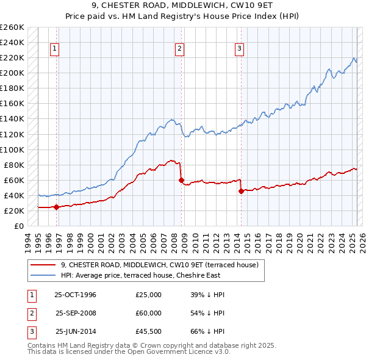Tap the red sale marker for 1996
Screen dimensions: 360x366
[x=56, y=207]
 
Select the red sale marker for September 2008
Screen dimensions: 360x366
[x=181, y=180]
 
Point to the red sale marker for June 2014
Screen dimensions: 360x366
[x=241, y=191]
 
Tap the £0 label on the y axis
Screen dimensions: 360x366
[x=19, y=226]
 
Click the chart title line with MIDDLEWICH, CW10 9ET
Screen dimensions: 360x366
[x=182, y=8]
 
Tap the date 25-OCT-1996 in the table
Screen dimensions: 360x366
[x=76, y=295]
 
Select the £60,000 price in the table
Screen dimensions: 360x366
[x=149, y=313]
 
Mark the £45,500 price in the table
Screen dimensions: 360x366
[x=149, y=331]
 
